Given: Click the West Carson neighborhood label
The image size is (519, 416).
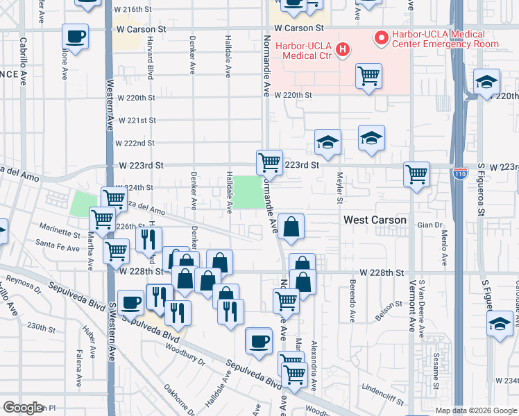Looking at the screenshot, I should click(375, 220).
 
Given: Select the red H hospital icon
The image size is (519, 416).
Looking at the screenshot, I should click(341, 49).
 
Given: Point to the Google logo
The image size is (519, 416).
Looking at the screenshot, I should click(23, 408).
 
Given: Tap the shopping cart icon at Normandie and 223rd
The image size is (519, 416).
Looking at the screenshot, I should click(269, 164).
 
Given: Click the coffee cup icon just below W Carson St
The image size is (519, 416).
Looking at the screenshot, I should click(75, 37).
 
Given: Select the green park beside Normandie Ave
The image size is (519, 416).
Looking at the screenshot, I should click(248, 192).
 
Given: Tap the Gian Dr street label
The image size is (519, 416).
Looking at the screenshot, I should click(429, 225).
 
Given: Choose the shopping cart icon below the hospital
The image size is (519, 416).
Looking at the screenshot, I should click(368, 77).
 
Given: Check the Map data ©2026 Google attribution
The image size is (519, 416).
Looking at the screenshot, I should click(475, 410).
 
